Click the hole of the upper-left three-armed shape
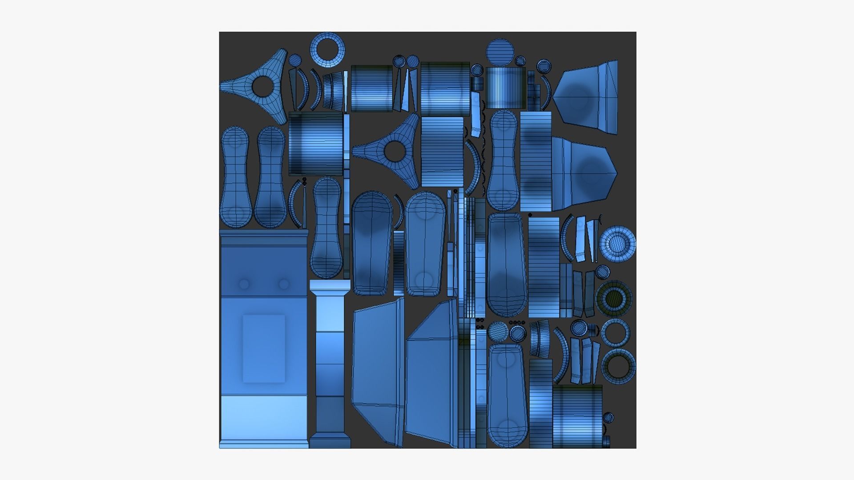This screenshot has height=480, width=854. pyautogui.click(x=263, y=86)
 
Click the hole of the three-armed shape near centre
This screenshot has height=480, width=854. pyautogui.click(x=394, y=151)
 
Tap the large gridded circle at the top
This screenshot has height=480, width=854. pyautogui.click(x=500, y=52)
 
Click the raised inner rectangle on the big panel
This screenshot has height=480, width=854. pyautogui.click(x=264, y=348)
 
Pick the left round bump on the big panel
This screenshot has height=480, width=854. pyautogui.click(x=244, y=284)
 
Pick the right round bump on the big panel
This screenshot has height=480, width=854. pyautogui.click(x=283, y=284)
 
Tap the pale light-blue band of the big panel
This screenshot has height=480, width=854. pyautogui.click(x=264, y=418)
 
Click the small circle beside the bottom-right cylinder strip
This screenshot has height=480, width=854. pyautogui.click(x=608, y=418)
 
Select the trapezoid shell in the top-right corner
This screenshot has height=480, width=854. pyautogui.click(x=587, y=98)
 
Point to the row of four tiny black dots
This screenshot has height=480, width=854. pyautogui.click(x=517, y=322)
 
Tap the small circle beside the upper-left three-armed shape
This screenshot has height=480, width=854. pyautogui.click(x=295, y=60)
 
